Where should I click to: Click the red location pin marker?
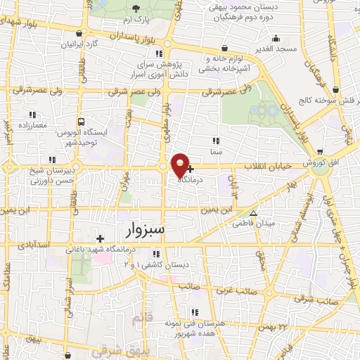coord(180,165)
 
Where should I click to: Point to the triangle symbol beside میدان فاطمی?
coord(254,213)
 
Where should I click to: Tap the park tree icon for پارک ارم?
coord(137,8)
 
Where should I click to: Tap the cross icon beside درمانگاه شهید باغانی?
coord(100,239)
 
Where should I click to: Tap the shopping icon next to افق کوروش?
coord(320,152)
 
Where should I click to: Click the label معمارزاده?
coord(32,124)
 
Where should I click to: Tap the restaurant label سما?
coord(216,151)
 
